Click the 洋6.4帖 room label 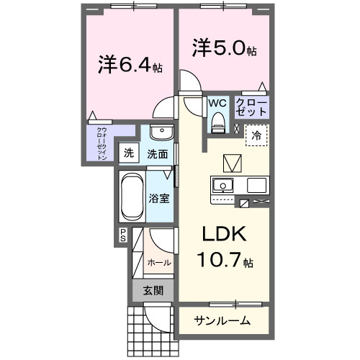coord(130,64)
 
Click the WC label coord(217,103)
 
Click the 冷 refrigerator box coord(256,135)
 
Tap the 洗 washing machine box coord(128,153)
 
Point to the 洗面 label coord(158,153)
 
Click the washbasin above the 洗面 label coord(161,133)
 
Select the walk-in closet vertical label coord(102,143)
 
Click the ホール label coord(159,263)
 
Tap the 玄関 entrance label coord(151,291)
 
